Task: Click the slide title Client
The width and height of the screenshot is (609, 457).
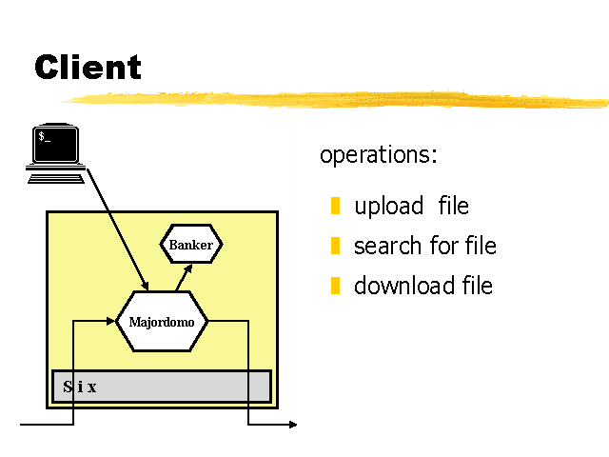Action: point(88,67)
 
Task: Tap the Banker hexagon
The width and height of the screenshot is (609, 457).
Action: point(191,244)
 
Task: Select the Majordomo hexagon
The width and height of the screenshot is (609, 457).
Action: point(162,322)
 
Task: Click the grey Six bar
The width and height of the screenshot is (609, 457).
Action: point(162,387)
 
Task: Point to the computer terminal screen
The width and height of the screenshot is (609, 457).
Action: point(55,144)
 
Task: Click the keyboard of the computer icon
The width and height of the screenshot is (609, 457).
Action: point(56,179)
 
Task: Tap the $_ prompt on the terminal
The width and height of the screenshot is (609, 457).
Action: point(45,137)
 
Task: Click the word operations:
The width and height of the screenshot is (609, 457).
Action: point(379,155)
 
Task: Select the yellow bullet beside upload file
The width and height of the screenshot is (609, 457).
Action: point(335,206)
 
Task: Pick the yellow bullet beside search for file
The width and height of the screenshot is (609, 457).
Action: point(335,246)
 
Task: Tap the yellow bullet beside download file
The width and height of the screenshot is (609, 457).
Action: point(335,286)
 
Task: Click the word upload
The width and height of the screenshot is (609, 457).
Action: point(389,207)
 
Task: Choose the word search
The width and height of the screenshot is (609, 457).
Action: point(387,246)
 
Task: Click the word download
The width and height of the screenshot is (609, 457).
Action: point(403,286)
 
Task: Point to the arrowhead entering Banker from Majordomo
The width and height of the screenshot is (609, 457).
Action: point(188,268)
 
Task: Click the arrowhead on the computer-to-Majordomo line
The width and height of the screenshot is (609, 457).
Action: point(145,286)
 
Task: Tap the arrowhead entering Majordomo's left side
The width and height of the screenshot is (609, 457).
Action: point(110,321)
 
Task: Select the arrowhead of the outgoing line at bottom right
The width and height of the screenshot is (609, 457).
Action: point(293,425)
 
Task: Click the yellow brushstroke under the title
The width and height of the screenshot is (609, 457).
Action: point(335,99)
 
